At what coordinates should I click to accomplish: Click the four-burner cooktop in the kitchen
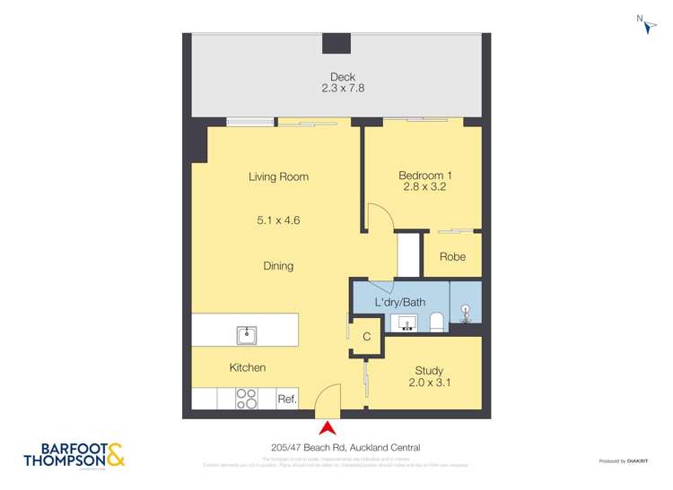click(x=247, y=399)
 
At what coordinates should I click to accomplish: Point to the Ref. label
click(x=286, y=400)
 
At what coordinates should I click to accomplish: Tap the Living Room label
click(x=278, y=177)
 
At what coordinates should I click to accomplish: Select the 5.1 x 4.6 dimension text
click(x=278, y=219)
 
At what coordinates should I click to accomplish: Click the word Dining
click(x=278, y=266)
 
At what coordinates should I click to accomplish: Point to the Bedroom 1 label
click(x=422, y=181)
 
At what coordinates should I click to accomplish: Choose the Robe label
click(x=452, y=257)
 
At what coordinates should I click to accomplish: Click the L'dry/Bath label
click(x=399, y=303)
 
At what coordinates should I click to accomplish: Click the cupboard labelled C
click(x=366, y=338)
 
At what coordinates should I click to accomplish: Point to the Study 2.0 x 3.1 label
click(x=429, y=377)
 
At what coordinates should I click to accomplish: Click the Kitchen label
click(x=247, y=368)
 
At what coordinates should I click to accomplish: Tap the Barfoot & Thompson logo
click(x=80, y=454)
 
